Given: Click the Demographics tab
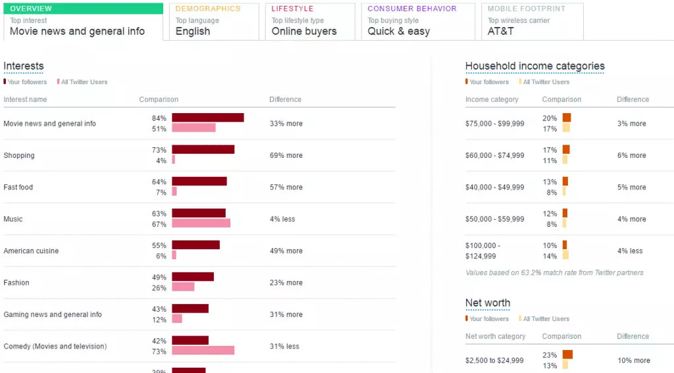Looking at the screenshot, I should (x=213, y=21).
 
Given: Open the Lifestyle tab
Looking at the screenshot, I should (x=309, y=21).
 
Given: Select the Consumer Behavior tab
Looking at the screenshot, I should (x=417, y=21).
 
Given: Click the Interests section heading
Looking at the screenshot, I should (x=24, y=66).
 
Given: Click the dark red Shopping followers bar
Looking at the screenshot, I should (x=203, y=149).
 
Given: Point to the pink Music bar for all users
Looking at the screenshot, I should (x=201, y=224).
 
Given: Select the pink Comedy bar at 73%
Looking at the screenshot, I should (x=203, y=351).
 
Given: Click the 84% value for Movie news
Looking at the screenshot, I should (x=159, y=118).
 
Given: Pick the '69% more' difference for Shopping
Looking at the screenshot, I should (x=286, y=156).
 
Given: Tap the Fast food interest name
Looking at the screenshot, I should (x=18, y=187).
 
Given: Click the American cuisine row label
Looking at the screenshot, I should (x=31, y=251).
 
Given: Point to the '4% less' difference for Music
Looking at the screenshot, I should (x=282, y=219).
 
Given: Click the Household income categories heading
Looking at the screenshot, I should (x=534, y=66).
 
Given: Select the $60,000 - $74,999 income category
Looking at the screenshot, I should (x=495, y=156).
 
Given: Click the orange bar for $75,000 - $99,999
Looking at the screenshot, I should (x=566, y=118).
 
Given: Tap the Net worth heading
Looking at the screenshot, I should (x=488, y=303).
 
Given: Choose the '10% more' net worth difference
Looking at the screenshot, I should (x=633, y=361).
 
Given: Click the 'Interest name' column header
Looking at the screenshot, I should (x=25, y=100).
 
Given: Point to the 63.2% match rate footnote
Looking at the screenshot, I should (x=554, y=272).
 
